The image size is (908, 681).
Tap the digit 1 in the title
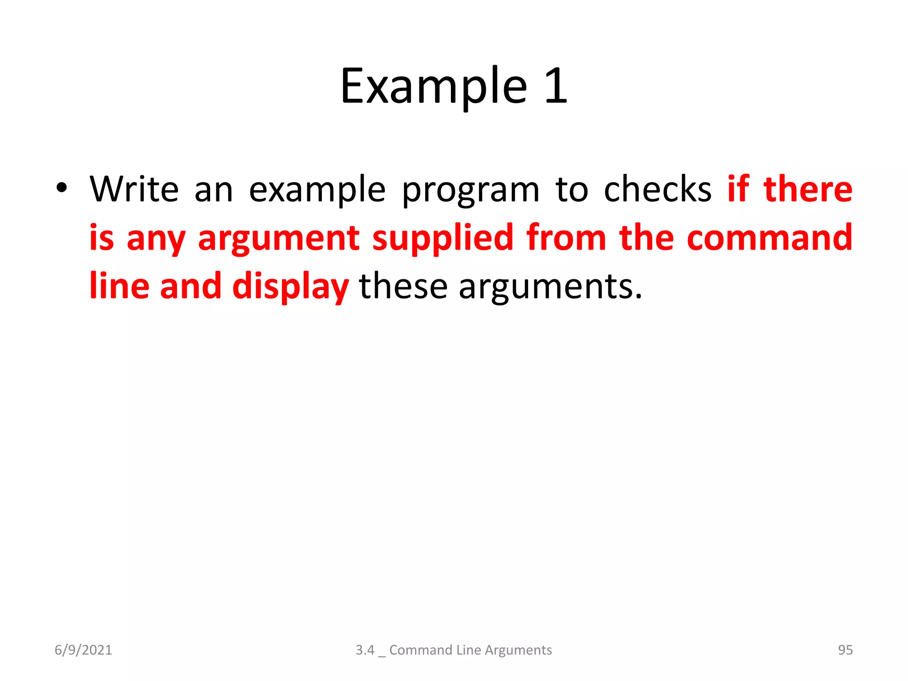click(x=556, y=86)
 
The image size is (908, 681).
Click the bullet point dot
click(x=62, y=188)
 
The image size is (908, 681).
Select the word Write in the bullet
click(x=134, y=189)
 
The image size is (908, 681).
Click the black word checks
click(x=658, y=189)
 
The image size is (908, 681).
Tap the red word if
click(x=738, y=189)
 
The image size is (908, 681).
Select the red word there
click(x=807, y=189)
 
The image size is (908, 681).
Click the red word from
click(x=566, y=238)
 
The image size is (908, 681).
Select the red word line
click(x=119, y=286)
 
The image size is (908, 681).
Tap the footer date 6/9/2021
click(x=83, y=650)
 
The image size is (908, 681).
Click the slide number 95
click(x=845, y=650)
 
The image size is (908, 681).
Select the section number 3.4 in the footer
click(x=365, y=650)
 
